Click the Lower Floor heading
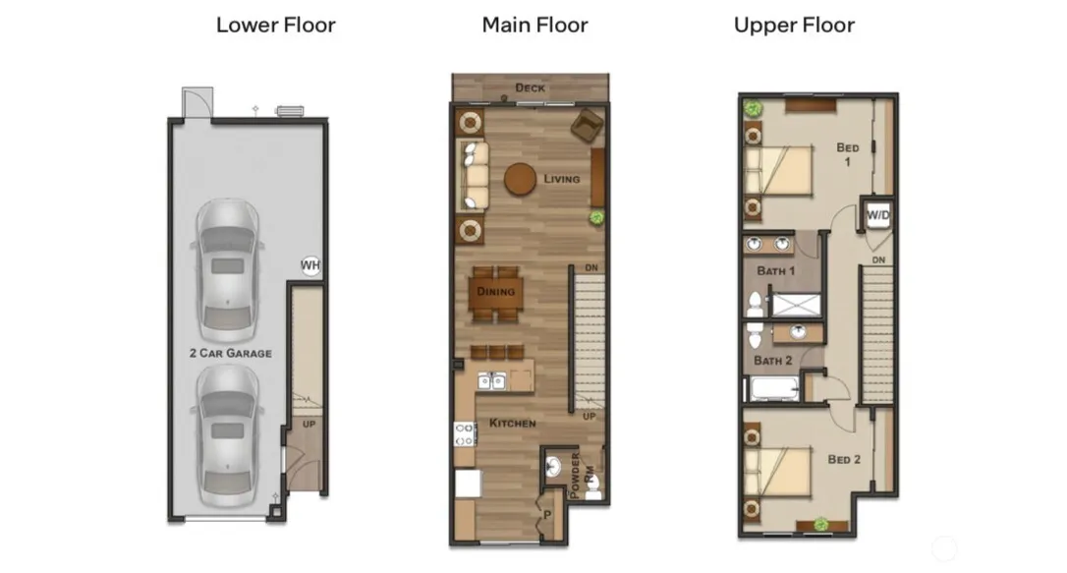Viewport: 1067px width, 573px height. click(x=276, y=26)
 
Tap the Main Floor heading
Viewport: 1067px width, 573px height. click(x=534, y=26)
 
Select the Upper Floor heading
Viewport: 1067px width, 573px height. click(x=794, y=26)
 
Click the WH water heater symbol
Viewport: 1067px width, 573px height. click(x=310, y=265)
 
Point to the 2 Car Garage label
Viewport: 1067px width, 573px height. click(x=231, y=353)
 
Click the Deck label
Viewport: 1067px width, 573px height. click(x=531, y=87)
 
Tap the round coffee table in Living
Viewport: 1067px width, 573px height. click(x=521, y=179)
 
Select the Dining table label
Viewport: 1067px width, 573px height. click(x=495, y=291)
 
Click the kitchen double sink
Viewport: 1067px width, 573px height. click(x=491, y=381)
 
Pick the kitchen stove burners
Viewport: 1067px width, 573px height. click(x=465, y=434)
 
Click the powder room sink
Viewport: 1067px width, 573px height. click(x=552, y=467)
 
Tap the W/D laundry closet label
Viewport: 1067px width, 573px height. click(x=877, y=215)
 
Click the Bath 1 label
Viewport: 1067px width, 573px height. click(x=776, y=271)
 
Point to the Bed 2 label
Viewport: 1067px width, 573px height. click(x=844, y=459)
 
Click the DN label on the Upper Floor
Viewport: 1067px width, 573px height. click(x=878, y=259)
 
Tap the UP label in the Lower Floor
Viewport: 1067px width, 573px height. click(x=309, y=424)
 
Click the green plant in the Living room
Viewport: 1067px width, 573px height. click(x=596, y=218)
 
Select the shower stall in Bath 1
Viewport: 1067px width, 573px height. click(x=796, y=305)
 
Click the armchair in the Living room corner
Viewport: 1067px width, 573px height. click(x=587, y=126)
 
